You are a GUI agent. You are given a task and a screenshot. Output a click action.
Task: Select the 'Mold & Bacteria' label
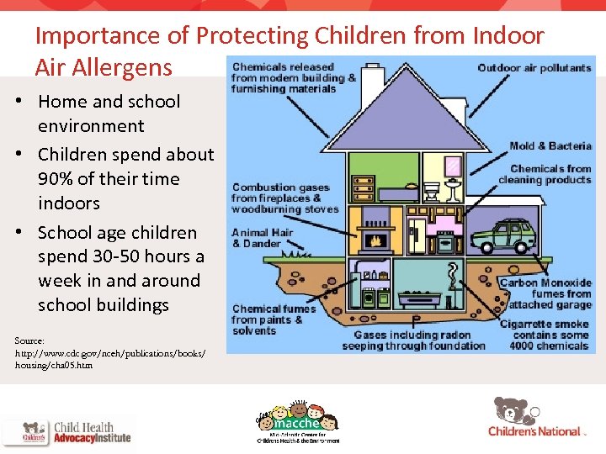(x=550, y=146)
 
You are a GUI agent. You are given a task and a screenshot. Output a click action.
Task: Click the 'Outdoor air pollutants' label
(x=534, y=68)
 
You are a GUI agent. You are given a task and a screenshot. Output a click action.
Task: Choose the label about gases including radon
(x=414, y=340)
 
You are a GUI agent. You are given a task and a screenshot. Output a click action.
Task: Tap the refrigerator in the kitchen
(x=417, y=235)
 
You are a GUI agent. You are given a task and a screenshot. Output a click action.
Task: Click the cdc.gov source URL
(x=109, y=353)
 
